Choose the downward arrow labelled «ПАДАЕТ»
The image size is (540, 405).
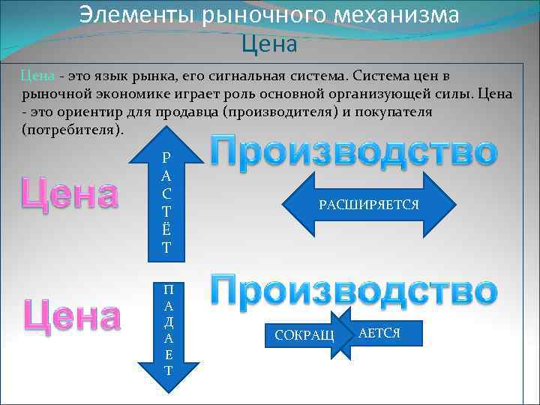click(168, 330)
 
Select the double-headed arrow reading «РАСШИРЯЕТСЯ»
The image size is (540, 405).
click(369, 204)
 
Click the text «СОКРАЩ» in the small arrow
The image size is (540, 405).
click(304, 334)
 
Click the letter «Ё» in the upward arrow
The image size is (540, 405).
click(166, 232)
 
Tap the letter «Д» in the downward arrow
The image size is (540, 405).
click(168, 321)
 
